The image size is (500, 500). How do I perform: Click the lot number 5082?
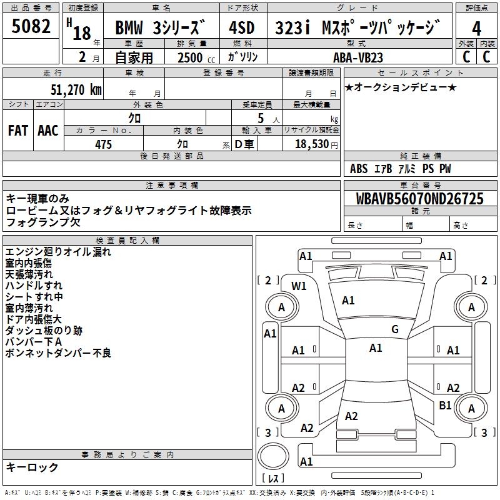click(31, 27)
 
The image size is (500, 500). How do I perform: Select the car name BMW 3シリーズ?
click(161, 29)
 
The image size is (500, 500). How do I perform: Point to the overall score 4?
click(477, 29)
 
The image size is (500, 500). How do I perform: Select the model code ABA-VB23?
click(367, 57)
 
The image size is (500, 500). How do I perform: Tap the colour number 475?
click(103, 144)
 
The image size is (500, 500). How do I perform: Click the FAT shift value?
click(17, 131)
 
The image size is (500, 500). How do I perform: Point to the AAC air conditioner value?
click(48, 131)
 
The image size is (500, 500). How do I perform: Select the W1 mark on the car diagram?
click(299, 286)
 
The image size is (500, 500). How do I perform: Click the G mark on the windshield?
click(394, 329)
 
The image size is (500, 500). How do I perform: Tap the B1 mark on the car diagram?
click(445, 405)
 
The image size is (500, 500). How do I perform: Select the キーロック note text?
click(32, 467)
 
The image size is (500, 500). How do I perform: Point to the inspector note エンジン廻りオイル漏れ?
click(58, 252)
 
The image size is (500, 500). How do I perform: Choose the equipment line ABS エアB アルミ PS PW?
click(400, 169)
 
